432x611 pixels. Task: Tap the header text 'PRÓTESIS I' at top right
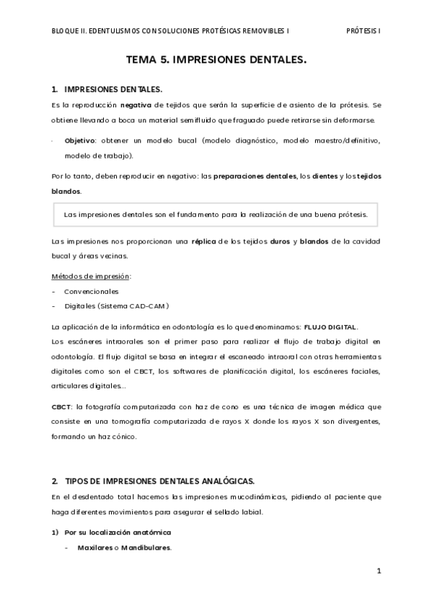pos(363,32)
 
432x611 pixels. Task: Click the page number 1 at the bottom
pos(379,571)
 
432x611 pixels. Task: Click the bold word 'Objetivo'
pos(79,141)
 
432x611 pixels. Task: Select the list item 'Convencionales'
pos(92,291)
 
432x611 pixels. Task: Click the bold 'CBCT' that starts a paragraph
pos(61,406)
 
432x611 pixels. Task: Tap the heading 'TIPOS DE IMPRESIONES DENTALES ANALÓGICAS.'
pos(159,481)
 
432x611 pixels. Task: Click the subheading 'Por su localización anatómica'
pos(117,532)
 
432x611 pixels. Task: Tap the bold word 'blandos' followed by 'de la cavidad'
pos(315,240)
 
